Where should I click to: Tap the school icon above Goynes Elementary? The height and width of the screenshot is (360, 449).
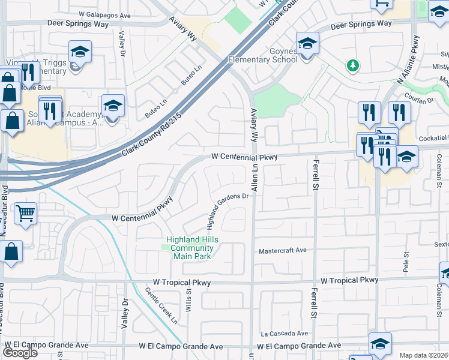(x=307, y=43)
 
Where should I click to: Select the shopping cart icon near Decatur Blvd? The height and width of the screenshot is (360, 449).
(x=25, y=214)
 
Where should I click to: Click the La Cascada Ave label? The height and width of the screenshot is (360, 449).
(x=284, y=333)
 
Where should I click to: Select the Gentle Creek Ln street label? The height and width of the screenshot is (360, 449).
(x=161, y=306)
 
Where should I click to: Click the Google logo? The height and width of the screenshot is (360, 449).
(x=20, y=353)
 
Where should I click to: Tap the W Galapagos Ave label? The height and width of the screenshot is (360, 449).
(x=104, y=14)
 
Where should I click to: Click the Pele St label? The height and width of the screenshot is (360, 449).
(x=406, y=262)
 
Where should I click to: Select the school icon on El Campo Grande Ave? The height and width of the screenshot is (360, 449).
(x=380, y=344)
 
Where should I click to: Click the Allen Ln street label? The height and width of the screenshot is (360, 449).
(x=255, y=178)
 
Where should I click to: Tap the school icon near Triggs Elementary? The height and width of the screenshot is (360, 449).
(x=79, y=52)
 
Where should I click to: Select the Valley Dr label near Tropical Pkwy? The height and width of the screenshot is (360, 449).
(x=126, y=313)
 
